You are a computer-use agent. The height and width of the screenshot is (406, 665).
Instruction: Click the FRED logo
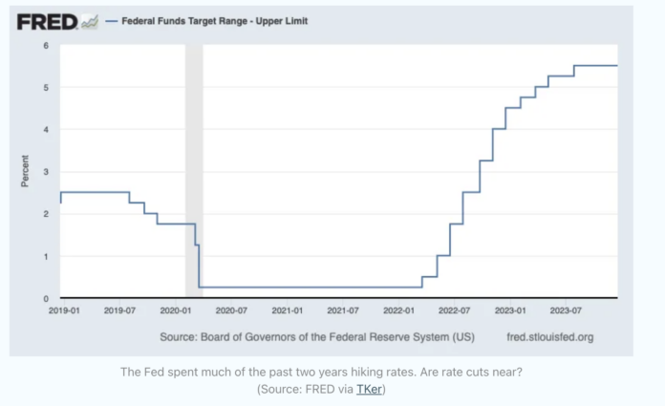point(46,20)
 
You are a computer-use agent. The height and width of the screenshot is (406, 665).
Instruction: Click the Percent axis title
point(26,172)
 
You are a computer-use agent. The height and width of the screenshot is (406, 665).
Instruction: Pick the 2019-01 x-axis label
point(62,310)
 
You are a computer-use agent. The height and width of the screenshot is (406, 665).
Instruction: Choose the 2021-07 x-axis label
point(343,310)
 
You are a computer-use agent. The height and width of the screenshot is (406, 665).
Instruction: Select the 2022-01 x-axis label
point(399,310)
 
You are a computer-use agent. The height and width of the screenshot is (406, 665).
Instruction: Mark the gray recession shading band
point(194,172)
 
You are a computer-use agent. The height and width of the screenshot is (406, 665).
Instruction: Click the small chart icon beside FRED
point(90,20)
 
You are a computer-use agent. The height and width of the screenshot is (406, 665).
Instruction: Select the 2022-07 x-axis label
point(456,310)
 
